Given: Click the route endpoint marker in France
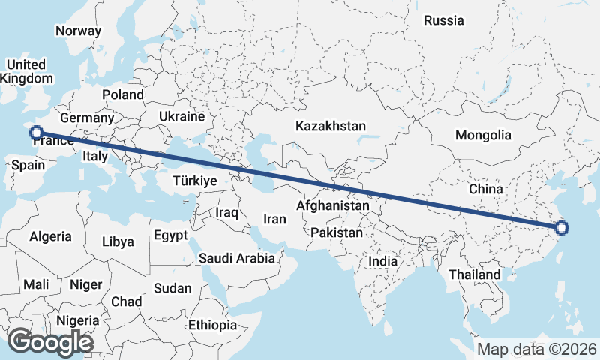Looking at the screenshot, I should coord(35,133).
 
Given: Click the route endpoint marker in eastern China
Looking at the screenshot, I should coord(562,229).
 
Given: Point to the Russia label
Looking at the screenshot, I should coord(443,21).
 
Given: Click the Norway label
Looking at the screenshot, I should coord(78,31).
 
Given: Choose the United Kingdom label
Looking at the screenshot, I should coord(26,71).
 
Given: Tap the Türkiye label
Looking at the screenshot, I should coord(194,181).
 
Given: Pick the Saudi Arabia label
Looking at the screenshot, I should coord(237,258).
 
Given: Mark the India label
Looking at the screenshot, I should coord(383,262).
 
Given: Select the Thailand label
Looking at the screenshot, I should coord(474,275).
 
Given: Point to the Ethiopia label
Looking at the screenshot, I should coord(212,325).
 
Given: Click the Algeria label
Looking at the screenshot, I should coord(51,236).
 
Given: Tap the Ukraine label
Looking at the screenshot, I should coord(181,117).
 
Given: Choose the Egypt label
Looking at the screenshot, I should coord(170,235).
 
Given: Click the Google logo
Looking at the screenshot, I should coord(50,343).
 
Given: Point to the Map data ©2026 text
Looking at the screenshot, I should coord(536,349).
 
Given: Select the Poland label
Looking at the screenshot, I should coord(123,94).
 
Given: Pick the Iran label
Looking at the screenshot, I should coord(274,220).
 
